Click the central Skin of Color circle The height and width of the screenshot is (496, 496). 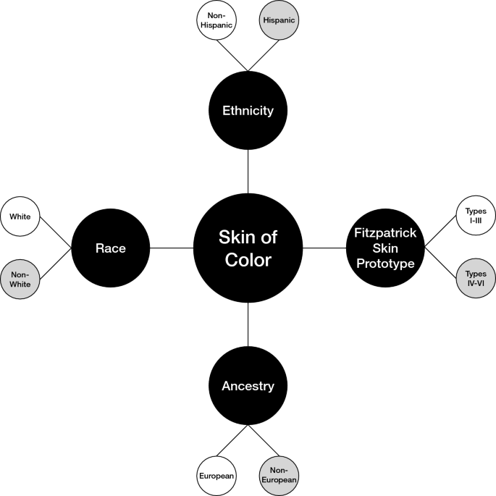coord(248,248)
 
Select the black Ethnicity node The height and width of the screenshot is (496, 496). coord(248,111)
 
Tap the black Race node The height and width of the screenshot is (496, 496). coord(111,248)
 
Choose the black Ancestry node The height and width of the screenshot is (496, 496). coord(248,386)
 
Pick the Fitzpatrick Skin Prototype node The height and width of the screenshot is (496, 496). coord(384,248)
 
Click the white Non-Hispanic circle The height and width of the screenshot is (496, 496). coord(217,21)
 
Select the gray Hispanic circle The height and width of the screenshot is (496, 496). coord(279,21)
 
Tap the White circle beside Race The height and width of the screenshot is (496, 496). coord(21,217)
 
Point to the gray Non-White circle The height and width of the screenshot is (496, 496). coord(21,280)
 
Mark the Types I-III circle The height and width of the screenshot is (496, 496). coord(475,215)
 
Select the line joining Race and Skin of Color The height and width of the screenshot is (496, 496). coord(172,248)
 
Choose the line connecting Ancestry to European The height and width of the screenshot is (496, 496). coord(232,440)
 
